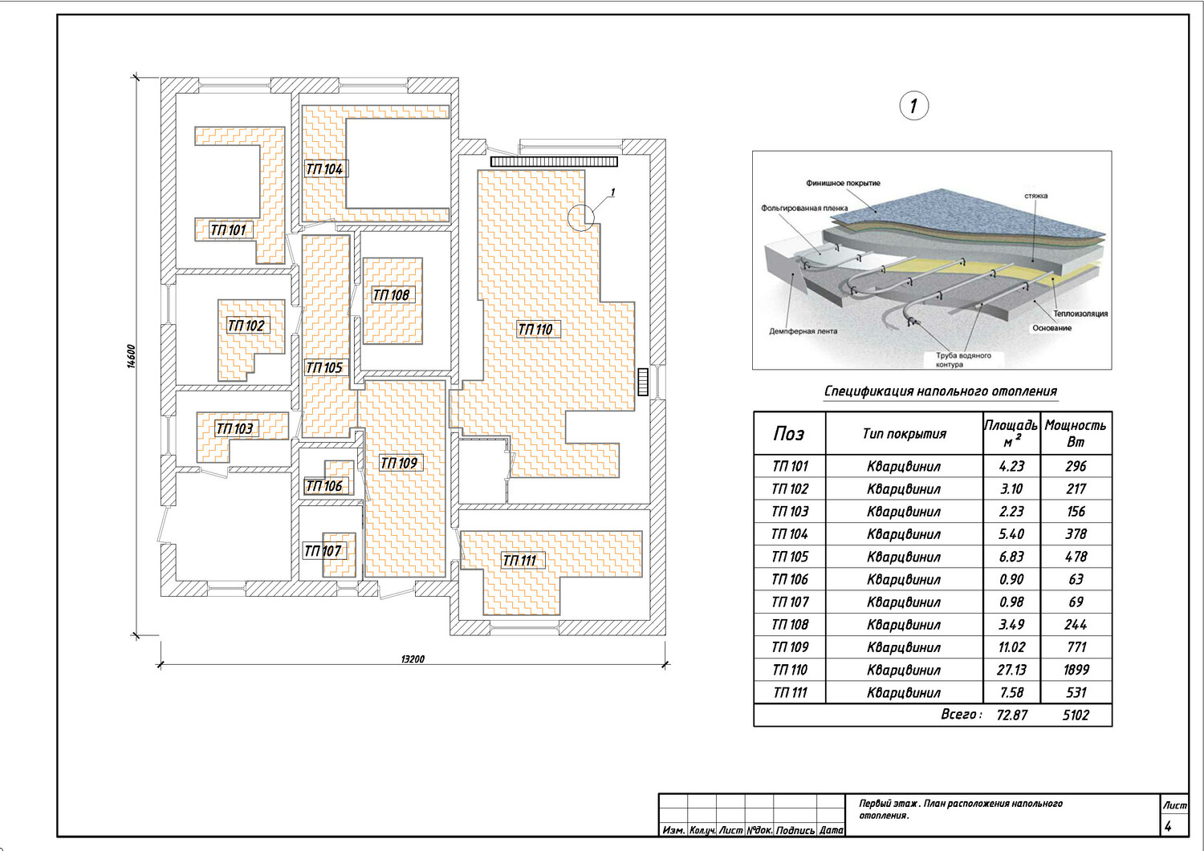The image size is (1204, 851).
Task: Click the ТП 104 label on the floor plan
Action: (324, 169)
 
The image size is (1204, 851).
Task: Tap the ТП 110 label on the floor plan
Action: (535, 330)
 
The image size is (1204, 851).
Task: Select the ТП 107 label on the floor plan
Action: (323, 551)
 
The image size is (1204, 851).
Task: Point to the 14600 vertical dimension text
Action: (131, 356)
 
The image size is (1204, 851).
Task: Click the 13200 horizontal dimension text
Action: (413, 659)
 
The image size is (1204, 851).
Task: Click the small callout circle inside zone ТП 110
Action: (581, 217)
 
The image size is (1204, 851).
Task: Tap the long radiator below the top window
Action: (554, 161)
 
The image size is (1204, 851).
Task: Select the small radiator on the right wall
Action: (643, 382)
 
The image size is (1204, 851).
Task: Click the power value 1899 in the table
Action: (1076, 670)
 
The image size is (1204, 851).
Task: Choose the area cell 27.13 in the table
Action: (1011, 670)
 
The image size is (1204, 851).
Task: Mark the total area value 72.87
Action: (1011, 715)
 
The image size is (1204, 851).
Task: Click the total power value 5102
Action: (1076, 715)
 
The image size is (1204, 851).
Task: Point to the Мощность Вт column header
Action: (1076, 433)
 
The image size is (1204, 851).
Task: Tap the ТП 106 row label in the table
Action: (790, 579)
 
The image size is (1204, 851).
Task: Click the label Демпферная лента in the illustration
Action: (803, 331)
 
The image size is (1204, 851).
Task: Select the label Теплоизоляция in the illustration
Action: (1080, 314)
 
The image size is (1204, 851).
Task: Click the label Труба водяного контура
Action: (963, 360)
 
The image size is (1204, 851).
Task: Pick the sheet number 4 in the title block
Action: (1168, 826)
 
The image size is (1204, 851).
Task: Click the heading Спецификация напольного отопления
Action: (941, 391)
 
